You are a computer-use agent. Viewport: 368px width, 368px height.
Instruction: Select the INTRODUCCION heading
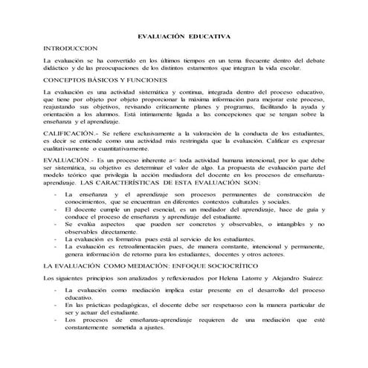[71, 46]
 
